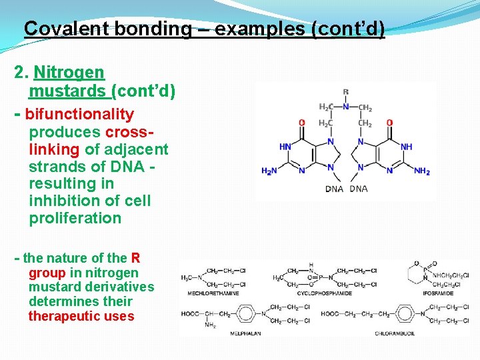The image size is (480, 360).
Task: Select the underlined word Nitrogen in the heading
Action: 69,72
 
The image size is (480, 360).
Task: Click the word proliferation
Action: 75,218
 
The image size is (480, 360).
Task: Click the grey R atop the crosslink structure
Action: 345,92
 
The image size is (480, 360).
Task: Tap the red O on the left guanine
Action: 301,123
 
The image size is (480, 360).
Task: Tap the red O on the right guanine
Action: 389,123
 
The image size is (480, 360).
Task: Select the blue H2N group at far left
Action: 269,171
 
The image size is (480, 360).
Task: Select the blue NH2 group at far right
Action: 421,171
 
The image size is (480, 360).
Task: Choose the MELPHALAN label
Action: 246,333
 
